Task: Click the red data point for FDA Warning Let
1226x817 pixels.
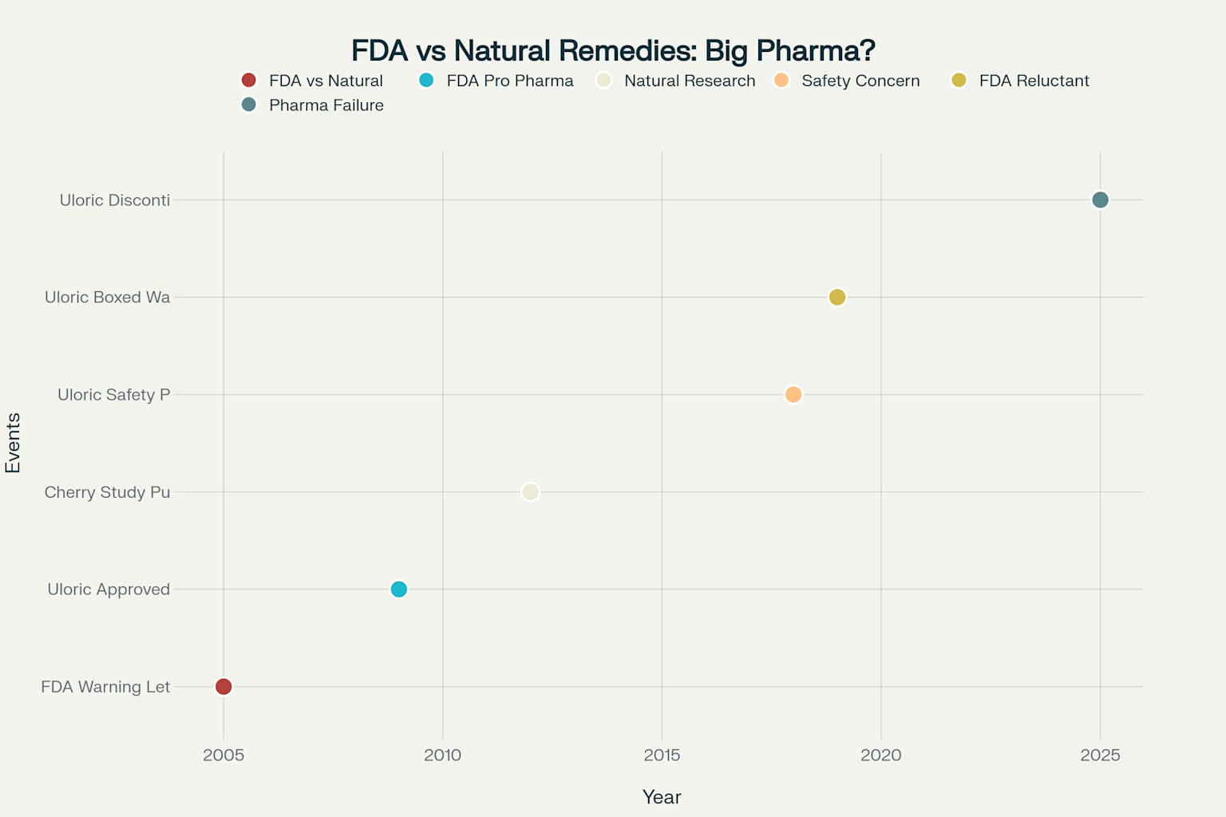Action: tap(223, 686)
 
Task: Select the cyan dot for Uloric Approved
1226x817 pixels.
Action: tap(399, 589)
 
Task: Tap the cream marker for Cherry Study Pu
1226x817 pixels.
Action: tap(530, 491)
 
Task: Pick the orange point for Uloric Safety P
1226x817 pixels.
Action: tap(793, 394)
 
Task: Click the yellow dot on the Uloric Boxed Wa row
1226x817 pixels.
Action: tap(837, 297)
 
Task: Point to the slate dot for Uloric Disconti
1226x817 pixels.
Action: tap(1100, 199)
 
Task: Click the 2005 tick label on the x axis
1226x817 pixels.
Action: tap(223, 755)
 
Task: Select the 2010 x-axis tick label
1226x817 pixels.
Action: tap(443, 755)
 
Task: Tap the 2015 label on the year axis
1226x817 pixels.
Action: tap(662, 755)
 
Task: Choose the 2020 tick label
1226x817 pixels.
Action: tap(881, 755)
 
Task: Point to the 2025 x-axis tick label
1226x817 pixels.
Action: tap(1100, 755)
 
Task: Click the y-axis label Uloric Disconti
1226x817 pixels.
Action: tap(115, 200)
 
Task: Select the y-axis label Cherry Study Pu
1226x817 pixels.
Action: tap(107, 492)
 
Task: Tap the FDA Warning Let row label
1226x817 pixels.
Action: tap(105, 687)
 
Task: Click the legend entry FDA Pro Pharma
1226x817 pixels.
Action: tap(496, 81)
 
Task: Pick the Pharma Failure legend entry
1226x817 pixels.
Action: tap(313, 105)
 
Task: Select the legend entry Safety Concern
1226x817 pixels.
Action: tap(847, 81)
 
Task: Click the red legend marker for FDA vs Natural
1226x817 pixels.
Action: tap(249, 80)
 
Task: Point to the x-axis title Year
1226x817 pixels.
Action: tap(662, 797)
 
